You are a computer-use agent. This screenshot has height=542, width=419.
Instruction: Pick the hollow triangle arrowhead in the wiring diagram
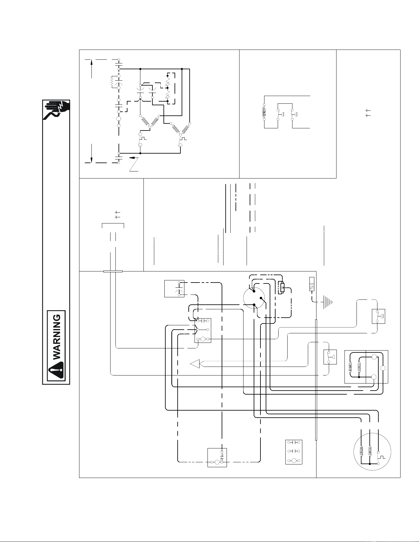(195, 364)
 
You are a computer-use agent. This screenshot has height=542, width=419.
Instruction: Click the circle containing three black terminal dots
(254, 298)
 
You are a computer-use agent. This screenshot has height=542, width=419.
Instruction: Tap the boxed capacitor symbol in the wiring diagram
(174, 289)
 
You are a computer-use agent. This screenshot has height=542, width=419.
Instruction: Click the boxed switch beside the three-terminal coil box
(330, 357)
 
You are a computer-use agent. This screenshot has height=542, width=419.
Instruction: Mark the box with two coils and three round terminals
(366, 367)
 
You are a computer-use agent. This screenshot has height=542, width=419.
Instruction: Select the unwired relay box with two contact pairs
(294, 452)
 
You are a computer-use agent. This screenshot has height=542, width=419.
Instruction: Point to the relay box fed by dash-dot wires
(217, 458)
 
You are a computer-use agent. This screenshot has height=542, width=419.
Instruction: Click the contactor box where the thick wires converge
(203, 331)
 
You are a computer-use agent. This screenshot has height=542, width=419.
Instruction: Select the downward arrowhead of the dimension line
(91, 159)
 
